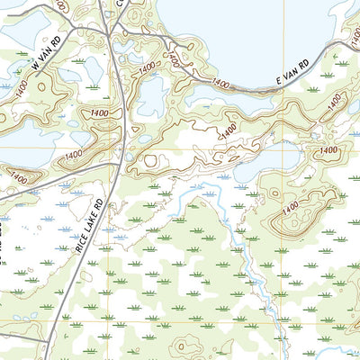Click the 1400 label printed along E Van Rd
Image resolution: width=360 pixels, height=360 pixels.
pos(220,82)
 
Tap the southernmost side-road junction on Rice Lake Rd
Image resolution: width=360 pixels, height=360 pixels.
pos(47,331)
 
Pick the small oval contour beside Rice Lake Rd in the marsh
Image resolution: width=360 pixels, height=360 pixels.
pos(148,161)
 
